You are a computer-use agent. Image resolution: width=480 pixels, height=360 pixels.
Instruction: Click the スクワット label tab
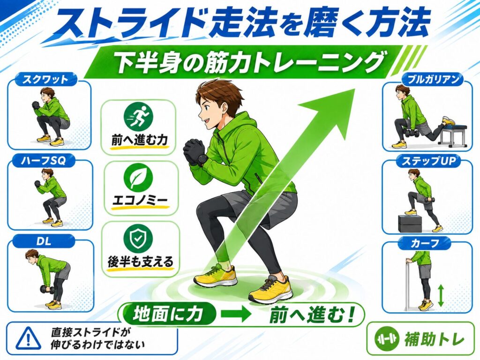click(x=45, y=80)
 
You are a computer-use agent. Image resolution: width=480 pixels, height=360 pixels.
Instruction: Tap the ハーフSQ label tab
click(x=44, y=160)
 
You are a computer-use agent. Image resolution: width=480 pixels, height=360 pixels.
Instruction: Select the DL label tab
click(x=44, y=241)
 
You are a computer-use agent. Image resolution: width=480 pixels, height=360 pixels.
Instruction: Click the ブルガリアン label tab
click(x=433, y=80)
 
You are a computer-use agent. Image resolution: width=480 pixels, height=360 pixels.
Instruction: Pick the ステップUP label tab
click(x=428, y=161)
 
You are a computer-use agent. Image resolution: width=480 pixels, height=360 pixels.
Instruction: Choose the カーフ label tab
click(x=425, y=243)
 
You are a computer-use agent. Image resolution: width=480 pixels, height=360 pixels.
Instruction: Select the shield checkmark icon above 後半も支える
click(x=138, y=239)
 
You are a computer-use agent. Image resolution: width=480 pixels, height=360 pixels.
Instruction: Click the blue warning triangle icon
click(x=29, y=337)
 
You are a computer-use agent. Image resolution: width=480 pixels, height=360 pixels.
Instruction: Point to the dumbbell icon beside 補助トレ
click(x=387, y=339)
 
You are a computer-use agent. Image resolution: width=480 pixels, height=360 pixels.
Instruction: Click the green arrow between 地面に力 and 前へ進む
click(x=236, y=315)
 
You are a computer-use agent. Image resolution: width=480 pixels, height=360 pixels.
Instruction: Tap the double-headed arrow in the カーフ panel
click(x=441, y=295)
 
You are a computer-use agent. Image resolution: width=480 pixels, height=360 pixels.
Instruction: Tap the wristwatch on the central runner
click(x=202, y=160)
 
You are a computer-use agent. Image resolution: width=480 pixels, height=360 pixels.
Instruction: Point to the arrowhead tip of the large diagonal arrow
click(x=354, y=89)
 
